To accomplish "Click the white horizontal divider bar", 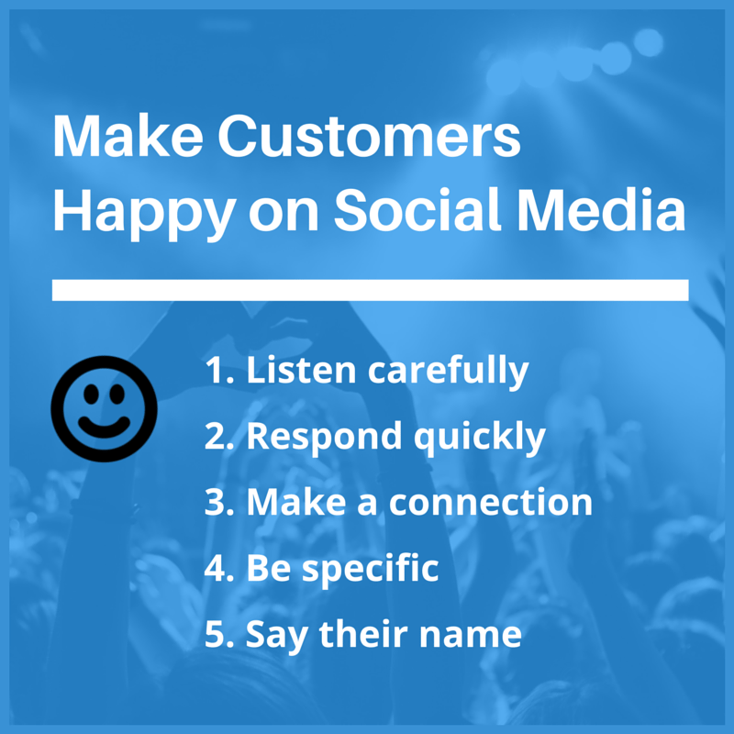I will click(x=370, y=290).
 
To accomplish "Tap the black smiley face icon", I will click(x=104, y=407).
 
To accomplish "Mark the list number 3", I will click(x=217, y=503).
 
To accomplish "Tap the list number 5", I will click(x=217, y=635).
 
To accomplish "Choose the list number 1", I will click(x=216, y=371).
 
